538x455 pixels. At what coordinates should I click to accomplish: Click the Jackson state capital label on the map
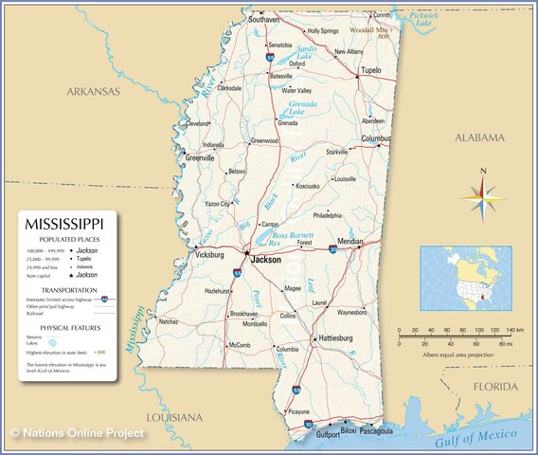point(265,259)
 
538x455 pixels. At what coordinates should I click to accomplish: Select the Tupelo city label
point(371,70)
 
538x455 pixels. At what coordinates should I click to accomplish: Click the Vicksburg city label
point(208,255)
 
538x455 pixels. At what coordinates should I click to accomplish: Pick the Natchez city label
point(168,321)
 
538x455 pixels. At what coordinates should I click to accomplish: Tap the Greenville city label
point(199,157)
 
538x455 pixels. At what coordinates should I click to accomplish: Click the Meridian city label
point(350,242)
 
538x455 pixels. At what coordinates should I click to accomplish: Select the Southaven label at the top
point(263,19)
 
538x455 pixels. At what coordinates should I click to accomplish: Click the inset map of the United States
point(465,279)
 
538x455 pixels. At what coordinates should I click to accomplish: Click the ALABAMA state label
point(480,138)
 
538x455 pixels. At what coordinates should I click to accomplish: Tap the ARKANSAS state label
point(93,92)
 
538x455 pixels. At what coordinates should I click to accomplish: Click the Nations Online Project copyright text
point(78,433)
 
